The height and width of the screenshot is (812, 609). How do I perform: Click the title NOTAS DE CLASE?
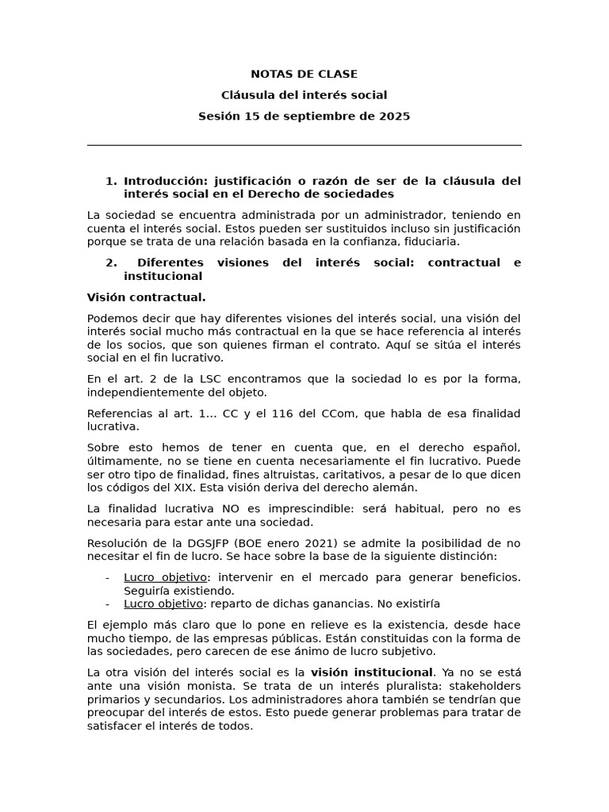[x=304, y=75]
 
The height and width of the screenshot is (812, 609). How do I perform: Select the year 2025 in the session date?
[x=395, y=117]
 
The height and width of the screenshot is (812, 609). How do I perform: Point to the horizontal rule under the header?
[x=304, y=145]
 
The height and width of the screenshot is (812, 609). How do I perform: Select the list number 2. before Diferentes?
[x=111, y=262]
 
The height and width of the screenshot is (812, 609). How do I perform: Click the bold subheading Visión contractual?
[x=146, y=297]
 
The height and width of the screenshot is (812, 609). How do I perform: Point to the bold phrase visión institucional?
[x=372, y=672]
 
